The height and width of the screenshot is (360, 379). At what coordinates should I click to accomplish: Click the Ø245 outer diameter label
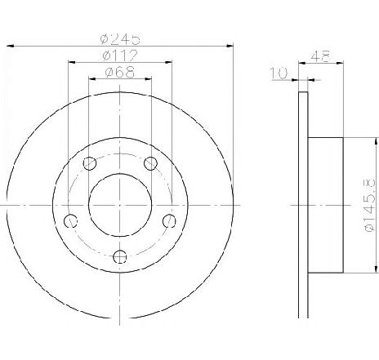pos(120,39)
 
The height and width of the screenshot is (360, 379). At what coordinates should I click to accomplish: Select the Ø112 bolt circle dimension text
pos(120,56)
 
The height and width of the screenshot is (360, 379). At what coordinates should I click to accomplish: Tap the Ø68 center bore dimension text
pos(120,73)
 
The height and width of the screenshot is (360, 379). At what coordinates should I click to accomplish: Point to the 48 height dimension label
pos(321,56)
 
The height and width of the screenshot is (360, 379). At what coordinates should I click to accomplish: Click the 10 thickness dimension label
pos(279,73)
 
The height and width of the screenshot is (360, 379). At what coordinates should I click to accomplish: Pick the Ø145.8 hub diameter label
pos(370,205)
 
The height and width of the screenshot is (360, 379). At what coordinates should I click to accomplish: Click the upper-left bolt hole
pos(90,163)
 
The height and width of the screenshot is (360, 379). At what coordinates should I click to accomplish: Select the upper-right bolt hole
pos(150,163)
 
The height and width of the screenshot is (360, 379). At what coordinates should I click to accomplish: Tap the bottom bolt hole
pos(120,256)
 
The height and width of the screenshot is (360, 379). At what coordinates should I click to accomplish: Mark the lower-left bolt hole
pos(70,220)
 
